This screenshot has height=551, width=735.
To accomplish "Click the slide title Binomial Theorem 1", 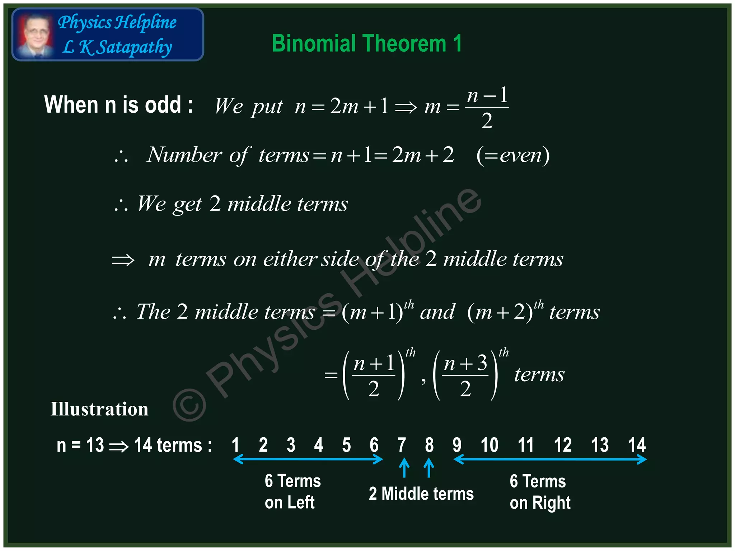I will (366, 43).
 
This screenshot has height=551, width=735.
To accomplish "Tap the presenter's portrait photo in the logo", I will (35, 35).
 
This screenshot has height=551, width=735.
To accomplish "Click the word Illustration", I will (99, 409).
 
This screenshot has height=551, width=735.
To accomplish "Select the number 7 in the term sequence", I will (402, 445).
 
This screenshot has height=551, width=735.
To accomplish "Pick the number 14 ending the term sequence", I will (636, 445).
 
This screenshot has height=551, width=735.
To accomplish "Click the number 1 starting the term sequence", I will (235, 445).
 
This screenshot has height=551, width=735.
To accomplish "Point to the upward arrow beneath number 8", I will (429, 468).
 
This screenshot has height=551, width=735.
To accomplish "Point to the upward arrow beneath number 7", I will (404, 468).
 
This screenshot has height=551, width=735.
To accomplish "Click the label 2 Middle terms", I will (421, 494).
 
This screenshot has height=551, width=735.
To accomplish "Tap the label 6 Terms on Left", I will (292, 491).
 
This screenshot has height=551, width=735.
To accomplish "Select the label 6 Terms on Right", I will (539, 492).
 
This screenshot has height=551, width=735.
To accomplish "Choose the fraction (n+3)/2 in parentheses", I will (465, 375).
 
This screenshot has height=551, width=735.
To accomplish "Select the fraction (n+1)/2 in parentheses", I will (374, 375).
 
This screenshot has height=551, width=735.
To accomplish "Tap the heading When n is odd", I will (118, 105).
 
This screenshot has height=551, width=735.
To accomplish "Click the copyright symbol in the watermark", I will (189, 404).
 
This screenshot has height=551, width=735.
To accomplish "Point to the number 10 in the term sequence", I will (489, 445).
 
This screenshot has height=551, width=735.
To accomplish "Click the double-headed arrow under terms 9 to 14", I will (550, 459).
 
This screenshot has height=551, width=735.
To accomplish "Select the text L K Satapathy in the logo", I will (117, 47).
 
